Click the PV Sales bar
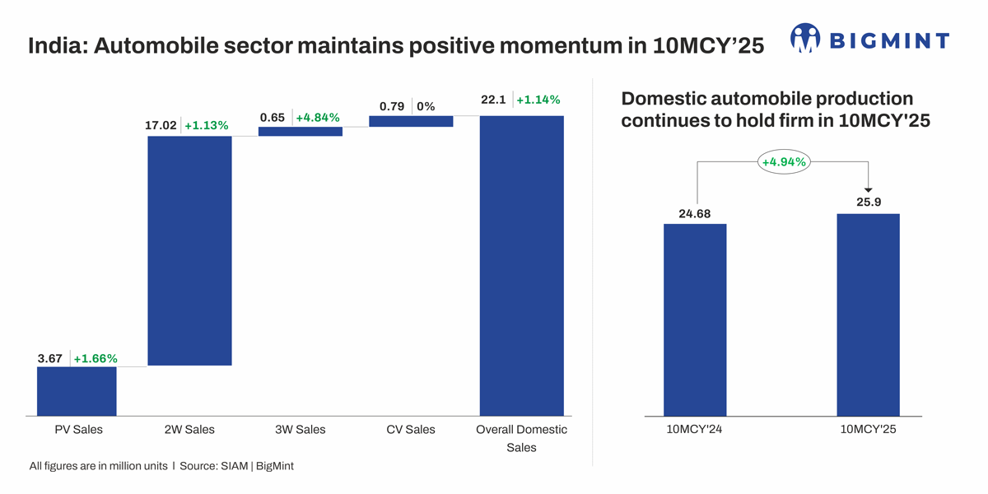(77, 391)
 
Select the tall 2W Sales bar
(189, 250)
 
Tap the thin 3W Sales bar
(300, 131)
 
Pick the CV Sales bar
(411, 121)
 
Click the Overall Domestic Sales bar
(521, 265)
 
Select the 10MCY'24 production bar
(695, 319)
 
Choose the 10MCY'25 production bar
(868, 315)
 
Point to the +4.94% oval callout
(783, 162)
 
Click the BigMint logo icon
(805, 38)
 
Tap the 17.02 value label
(160, 126)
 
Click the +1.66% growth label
(96, 358)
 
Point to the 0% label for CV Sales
(426, 106)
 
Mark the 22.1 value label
(493, 100)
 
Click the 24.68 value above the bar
(695, 214)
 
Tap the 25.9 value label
(869, 201)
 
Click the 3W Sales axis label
(300, 429)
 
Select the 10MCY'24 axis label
(695, 429)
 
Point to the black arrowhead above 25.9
(869, 189)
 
